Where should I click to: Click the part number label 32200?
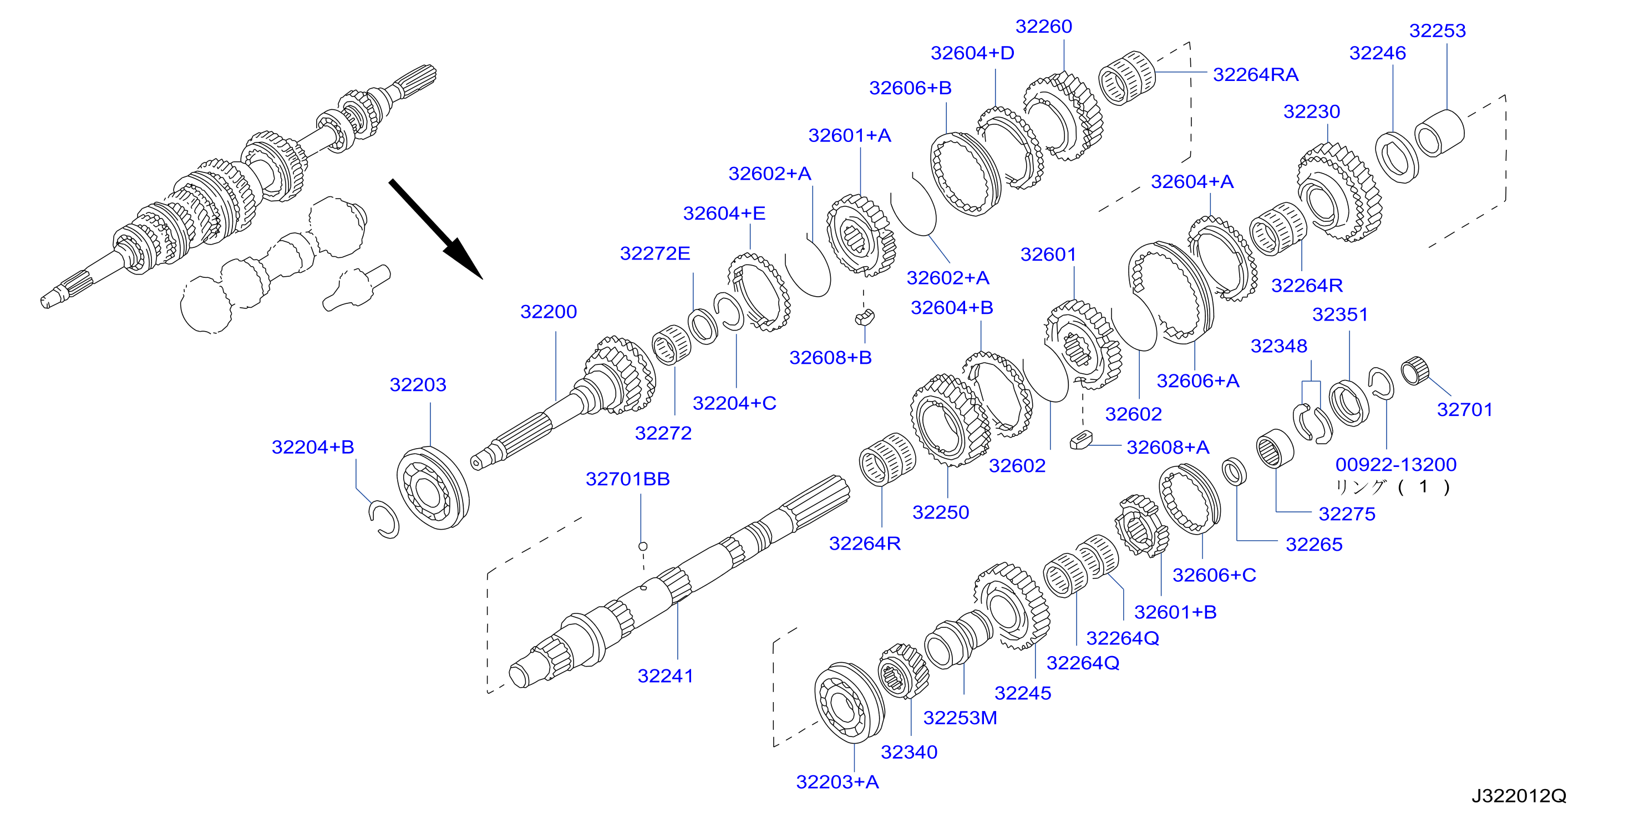click(549, 312)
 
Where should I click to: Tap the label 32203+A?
click(838, 782)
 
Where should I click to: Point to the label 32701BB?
click(627, 479)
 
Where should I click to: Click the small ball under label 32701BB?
click(642, 546)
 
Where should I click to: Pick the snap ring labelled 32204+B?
click(384, 519)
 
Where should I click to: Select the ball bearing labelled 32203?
click(433, 488)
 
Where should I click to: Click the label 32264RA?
click(1255, 74)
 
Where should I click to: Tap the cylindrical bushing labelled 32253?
click(1439, 133)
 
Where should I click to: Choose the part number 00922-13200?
click(1395, 465)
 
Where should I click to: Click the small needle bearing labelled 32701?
click(1415, 370)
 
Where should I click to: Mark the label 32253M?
click(960, 718)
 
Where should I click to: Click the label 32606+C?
click(1214, 575)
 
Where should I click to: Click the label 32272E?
click(655, 253)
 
